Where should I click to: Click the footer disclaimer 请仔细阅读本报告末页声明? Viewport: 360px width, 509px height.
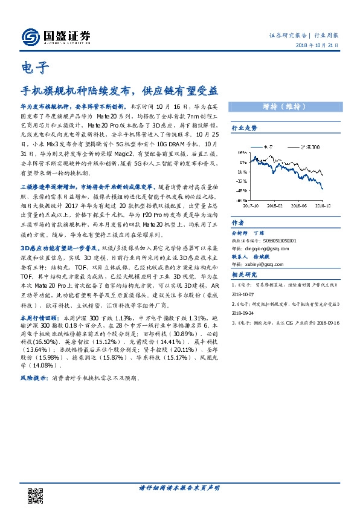179,487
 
